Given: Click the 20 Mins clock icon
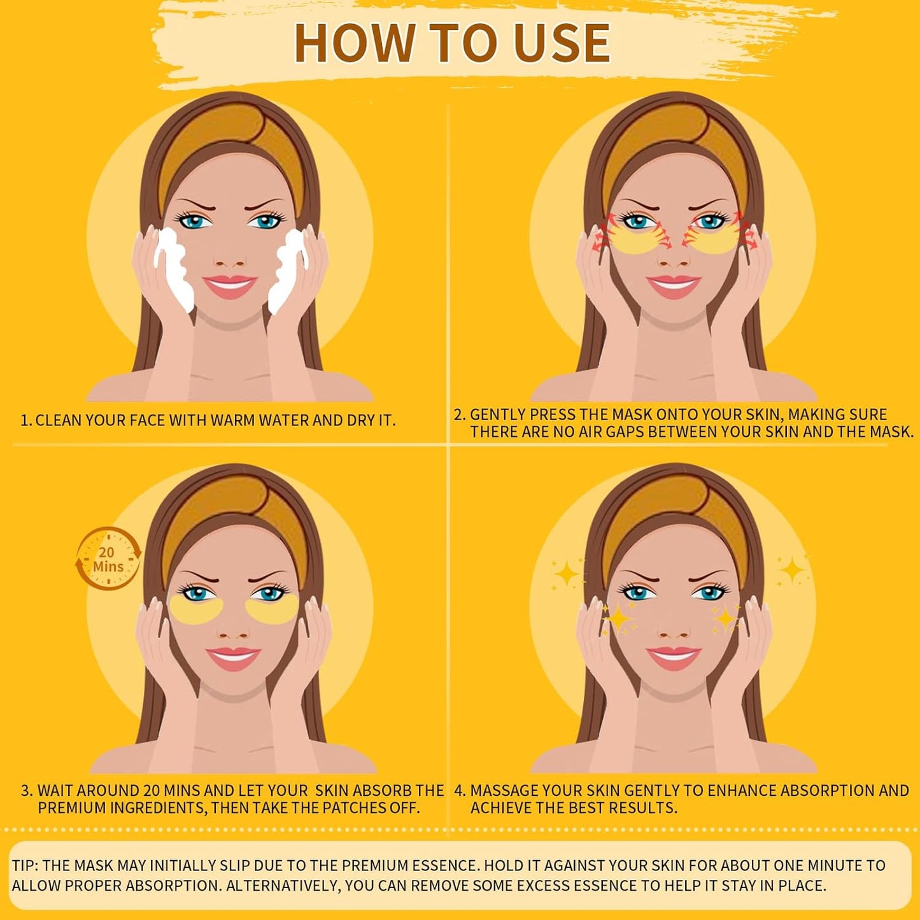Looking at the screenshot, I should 108,559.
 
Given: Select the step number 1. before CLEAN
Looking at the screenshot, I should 26,421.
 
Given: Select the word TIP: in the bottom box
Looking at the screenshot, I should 25,866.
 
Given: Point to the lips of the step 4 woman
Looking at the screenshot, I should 673,657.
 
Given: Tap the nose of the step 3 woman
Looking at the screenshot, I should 232,629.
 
